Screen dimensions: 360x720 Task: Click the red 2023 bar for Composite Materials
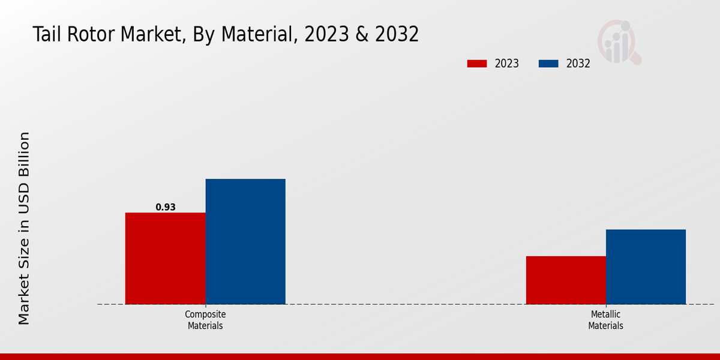[165, 258]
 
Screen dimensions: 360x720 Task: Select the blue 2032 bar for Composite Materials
[245, 241]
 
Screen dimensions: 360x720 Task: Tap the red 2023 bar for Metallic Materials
[566, 280]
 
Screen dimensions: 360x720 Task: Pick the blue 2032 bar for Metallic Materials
[646, 266]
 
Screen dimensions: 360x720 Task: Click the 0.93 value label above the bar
[166, 207]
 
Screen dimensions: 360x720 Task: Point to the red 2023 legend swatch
[477, 64]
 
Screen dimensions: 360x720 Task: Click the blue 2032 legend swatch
[548, 64]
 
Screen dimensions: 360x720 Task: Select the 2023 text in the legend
[507, 64]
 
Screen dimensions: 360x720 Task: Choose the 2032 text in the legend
[578, 64]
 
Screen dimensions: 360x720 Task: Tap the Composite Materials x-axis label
[205, 320]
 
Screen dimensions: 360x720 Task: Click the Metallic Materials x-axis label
[605, 320]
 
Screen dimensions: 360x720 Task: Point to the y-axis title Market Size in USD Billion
[24, 228]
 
